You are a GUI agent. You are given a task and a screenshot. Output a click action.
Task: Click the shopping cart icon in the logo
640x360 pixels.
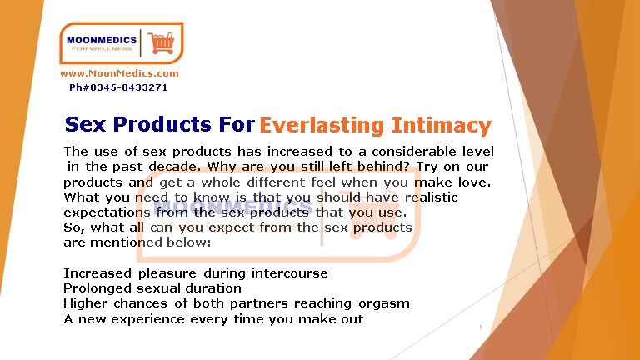[x=161, y=42]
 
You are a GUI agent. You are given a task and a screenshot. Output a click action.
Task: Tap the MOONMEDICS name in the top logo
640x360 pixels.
[x=102, y=40]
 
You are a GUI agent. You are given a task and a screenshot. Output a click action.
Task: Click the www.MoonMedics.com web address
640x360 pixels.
[x=120, y=73]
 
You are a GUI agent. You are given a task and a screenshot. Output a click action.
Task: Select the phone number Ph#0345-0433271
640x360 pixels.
[x=118, y=87]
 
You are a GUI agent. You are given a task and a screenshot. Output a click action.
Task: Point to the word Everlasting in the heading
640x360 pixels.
[x=322, y=126]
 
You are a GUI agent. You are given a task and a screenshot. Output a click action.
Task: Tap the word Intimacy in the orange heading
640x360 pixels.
[x=441, y=126]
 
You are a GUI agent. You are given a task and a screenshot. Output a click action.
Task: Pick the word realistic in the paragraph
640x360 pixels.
[x=432, y=197]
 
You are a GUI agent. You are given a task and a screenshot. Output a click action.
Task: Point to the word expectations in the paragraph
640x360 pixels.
[x=107, y=213]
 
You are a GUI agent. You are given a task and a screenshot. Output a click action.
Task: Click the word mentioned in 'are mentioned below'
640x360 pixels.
[x=126, y=242]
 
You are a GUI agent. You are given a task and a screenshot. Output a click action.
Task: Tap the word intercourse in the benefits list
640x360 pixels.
[x=290, y=272]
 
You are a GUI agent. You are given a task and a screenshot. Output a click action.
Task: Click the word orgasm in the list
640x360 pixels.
[x=384, y=303]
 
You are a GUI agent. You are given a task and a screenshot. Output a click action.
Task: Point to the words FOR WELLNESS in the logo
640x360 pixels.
[x=102, y=49]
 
